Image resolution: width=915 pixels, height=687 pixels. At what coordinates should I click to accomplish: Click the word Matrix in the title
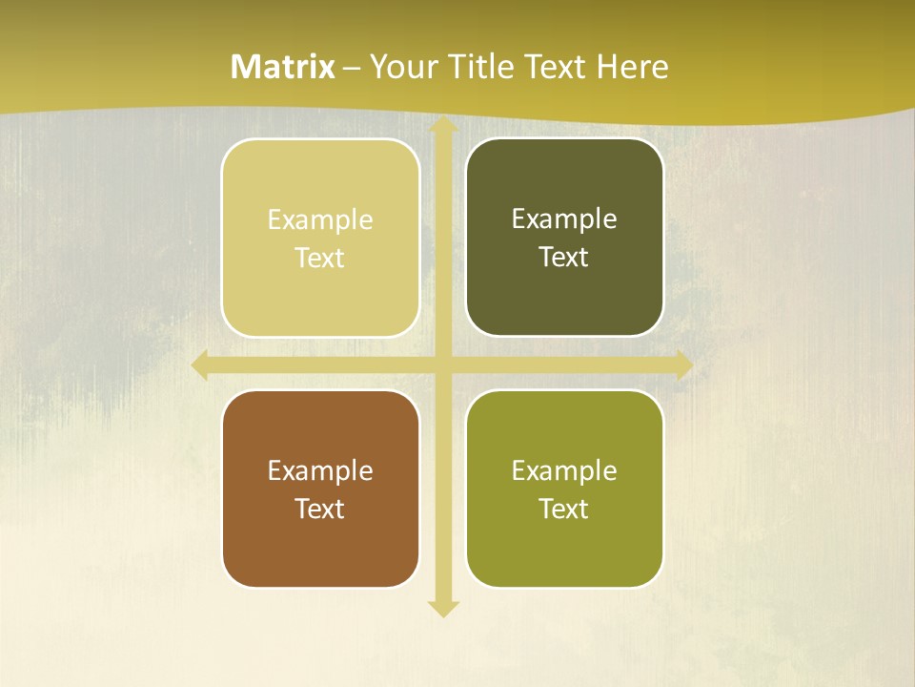(283, 67)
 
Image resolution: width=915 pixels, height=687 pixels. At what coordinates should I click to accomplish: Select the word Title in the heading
(484, 67)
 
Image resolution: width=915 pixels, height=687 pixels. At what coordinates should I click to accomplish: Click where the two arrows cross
(442, 365)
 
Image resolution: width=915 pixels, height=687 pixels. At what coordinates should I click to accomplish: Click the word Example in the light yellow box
(320, 220)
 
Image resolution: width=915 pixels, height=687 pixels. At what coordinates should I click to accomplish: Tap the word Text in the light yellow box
(319, 259)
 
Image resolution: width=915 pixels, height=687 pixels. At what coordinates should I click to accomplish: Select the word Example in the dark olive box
(564, 219)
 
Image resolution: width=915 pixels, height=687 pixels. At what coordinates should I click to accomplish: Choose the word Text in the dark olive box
(563, 258)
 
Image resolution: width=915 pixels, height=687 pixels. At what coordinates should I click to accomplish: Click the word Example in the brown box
(320, 471)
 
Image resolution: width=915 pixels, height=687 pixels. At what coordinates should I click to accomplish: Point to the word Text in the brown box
(319, 510)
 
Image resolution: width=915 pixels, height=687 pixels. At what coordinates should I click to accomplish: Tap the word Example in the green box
(564, 471)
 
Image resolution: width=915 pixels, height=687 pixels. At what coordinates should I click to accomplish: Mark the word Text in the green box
(563, 510)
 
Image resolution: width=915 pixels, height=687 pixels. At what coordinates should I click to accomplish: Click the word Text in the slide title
(556, 67)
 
